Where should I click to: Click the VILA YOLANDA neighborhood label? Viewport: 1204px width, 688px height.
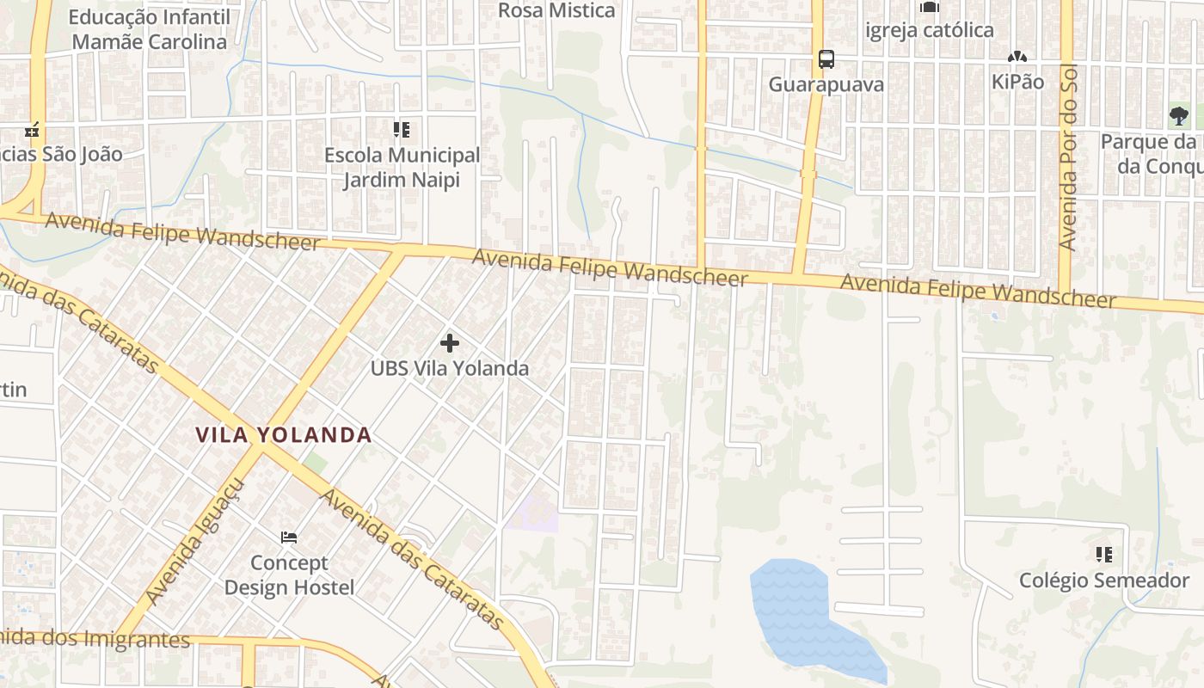[284, 435]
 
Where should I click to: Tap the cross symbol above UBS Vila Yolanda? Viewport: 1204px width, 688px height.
[449, 343]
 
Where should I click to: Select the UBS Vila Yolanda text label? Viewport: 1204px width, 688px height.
[449, 368]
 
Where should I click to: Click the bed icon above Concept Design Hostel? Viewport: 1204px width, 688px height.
[289, 537]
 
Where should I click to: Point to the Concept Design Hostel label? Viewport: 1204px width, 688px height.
[289, 575]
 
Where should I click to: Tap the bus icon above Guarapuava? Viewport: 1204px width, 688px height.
[826, 59]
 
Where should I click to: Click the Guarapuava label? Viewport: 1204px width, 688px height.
[826, 85]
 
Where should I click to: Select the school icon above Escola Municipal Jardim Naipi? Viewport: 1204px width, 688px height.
[402, 130]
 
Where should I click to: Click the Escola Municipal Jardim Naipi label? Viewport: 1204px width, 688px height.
[402, 168]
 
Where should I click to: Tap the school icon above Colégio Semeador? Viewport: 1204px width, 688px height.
[1104, 555]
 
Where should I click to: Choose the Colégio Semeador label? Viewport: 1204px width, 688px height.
[1104, 580]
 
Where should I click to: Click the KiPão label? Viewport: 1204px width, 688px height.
[1017, 82]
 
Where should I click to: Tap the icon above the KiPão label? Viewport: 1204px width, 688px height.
[1017, 57]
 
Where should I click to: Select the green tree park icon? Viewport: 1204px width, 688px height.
[1178, 115]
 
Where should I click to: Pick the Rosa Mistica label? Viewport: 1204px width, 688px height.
[556, 10]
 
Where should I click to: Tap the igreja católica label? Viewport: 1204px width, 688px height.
[929, 30]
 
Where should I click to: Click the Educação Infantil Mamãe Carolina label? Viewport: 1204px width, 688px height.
[149, 29]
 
